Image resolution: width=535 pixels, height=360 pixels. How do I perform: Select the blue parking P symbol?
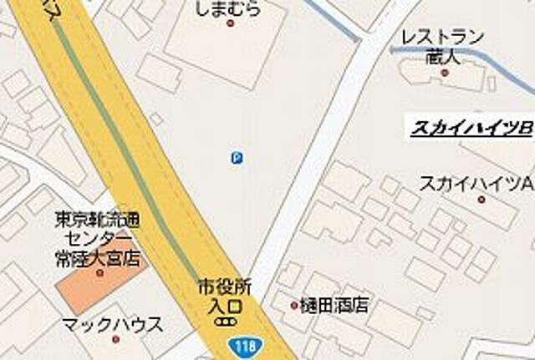(x=237, y=157)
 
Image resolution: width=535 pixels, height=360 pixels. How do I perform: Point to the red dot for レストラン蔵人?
(x=445, y=73)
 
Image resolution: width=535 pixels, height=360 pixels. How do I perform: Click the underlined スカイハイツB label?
(x=472, y=129)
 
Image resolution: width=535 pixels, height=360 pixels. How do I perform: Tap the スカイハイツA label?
(x=476, y=182)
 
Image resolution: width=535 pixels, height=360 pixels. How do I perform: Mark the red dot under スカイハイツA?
(x=481, y=199)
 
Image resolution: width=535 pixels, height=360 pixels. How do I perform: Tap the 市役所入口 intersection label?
(x=223, y=295)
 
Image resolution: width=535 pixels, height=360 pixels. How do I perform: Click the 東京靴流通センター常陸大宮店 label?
(x=98, y=238)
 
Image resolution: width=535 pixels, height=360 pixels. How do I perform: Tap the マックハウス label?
(x=113, y=324)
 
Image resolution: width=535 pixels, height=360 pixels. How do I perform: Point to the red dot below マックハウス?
(x=115, y=339)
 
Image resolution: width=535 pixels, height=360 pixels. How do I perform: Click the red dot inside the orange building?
(x=99, y=272)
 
